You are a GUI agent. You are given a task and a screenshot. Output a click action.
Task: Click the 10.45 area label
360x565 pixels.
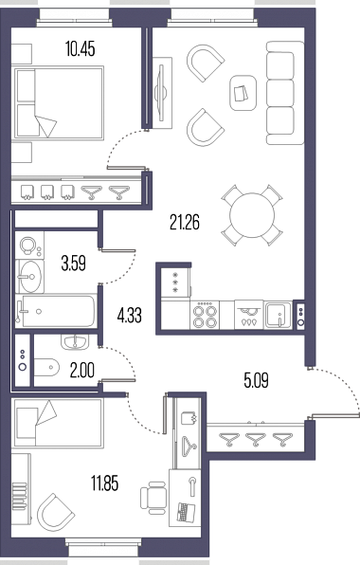(x=81, y=49)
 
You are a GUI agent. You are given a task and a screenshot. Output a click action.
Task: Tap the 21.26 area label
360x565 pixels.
(x=185, y=222)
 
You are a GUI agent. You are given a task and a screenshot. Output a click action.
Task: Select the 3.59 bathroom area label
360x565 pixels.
(x=74, y=264)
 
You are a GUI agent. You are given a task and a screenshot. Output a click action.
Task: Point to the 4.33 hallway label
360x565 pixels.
(x=129, y=316)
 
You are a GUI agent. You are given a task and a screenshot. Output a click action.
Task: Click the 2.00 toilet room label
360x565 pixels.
(x=82, y=371)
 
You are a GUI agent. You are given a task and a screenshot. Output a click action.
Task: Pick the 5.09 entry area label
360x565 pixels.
(x=256, y=380)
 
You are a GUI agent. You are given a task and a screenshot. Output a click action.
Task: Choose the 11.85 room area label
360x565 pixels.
(x=104, y=483)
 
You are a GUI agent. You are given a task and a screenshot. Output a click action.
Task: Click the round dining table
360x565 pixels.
(x=252, y=215)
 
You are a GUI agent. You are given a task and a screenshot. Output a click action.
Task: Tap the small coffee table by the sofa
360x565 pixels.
(x=243, y=93)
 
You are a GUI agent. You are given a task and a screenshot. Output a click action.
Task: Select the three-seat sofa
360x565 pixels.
(x=285, y=93)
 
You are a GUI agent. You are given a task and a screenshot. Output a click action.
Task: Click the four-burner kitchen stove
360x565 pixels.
(x=205, y=315)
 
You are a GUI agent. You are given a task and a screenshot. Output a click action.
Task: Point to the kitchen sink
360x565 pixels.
(x=278, y=315)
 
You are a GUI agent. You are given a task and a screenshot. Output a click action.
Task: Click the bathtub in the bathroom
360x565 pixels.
(x=56, y=311)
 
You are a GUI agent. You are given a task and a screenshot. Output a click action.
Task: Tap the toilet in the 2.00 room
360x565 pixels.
(x=46, y=367)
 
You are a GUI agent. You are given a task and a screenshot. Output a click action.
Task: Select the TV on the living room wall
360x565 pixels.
(x=161, y=93)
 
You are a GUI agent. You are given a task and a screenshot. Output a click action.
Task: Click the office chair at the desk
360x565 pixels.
(x=153, y=498)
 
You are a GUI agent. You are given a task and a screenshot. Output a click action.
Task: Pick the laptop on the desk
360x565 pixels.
(x=186, y=512)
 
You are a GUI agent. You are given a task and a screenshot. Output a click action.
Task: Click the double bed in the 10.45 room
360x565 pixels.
(x=59, y=102)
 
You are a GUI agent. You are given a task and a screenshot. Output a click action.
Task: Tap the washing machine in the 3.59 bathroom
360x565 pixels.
(x=29, y=245)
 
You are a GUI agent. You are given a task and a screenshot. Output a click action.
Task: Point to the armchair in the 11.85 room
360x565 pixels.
(x=56, y=513)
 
